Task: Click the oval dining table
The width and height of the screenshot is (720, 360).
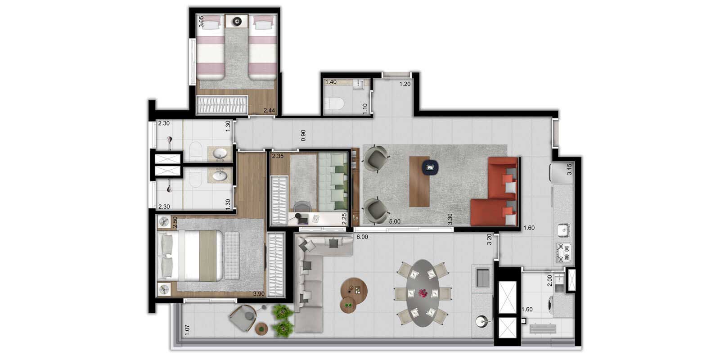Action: tap(423, 293)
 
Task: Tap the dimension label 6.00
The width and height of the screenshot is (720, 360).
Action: tap(362, 237)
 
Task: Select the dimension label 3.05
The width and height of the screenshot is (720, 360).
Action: tap(201, 22)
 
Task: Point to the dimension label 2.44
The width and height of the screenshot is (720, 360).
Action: tap(270, 111)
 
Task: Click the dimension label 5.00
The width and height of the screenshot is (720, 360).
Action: tap(395, 221)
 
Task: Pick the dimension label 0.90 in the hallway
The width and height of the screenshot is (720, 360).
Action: tap(303, 135)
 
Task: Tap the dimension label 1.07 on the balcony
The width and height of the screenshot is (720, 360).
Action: tap(187, 330)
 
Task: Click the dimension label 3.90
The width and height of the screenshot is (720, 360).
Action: tap(259, 294)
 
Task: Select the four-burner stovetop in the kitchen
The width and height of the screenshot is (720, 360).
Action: tap(563, 252)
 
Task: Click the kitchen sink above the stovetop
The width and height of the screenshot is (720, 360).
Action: tap(563, 230)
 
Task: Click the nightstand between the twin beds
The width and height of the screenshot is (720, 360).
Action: tap(237, 21)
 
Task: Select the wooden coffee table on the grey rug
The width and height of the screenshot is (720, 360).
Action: tap(419, 182)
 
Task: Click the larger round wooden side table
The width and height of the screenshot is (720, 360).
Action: tap(354, 290)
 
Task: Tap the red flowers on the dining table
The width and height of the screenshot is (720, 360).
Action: tap(423, 293)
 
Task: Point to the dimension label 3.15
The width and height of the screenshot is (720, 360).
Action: tap(569, 169)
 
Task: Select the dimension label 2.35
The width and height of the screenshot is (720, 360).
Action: tap(278, 156)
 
